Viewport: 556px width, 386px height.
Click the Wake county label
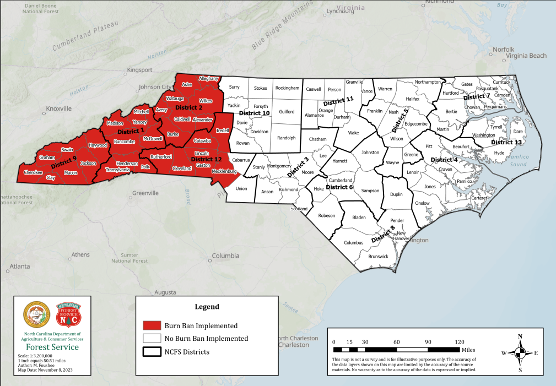[353, 133]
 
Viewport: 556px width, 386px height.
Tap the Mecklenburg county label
[224, 172]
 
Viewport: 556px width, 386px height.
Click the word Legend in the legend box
[207, 307]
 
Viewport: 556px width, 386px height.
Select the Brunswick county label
[378, 257]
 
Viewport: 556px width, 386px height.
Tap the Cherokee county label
[33, 172]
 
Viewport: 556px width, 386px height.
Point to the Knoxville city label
[59, 108]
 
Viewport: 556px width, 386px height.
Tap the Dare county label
[518, 132]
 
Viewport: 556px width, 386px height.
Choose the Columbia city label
[225, 255]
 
